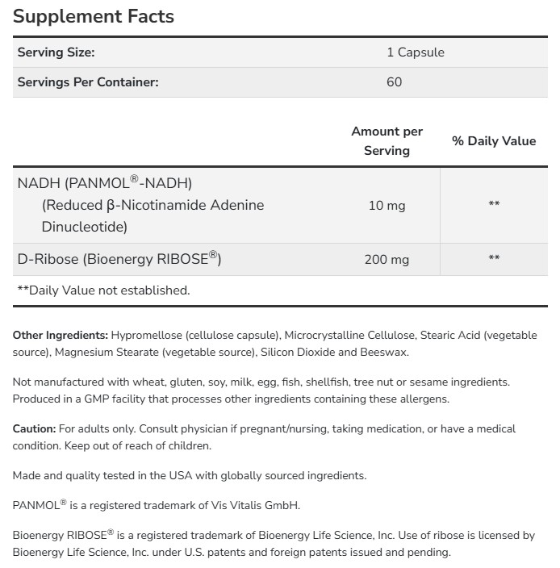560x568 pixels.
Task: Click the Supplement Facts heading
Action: point(94,16)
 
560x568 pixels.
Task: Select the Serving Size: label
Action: point(56,52)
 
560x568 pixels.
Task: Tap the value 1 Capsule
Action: point(415,52)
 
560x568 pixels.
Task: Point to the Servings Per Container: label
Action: point(88,81)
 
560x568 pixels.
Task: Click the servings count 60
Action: point(394,81)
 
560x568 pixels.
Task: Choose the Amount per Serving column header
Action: point(387,140)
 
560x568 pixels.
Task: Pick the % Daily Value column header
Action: point(494,140)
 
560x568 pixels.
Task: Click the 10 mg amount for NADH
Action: point(387,205)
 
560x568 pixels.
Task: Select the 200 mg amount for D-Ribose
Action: point(387,259)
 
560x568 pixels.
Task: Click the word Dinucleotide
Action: point(84,227)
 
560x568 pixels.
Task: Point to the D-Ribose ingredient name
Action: point(46,259)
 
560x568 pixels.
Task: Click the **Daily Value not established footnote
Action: point(103,290)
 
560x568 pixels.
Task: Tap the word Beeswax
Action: point(385,353)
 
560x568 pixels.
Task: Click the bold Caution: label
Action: point(34,428)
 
